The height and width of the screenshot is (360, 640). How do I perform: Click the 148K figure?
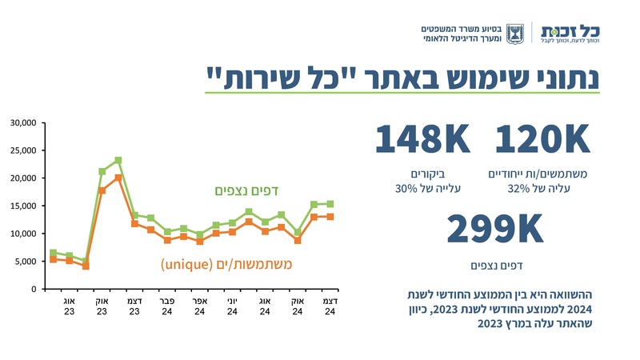pyautogui.click(x=422, y=140)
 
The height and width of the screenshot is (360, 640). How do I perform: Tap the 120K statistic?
pyautogui.click(x=542, y=140)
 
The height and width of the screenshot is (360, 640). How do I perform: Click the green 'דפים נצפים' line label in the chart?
pyautogui.click(x=247, y=190)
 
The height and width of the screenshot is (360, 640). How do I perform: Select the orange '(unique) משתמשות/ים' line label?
pyautogui.click(x=226, y=263)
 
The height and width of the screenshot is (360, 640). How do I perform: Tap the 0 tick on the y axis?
pyautogui.click(x=34, y=289)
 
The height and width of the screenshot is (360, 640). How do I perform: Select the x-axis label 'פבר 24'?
pyautogui.click(x=166, y=306)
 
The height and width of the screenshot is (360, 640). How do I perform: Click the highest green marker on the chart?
pyautogui.click(x=118, y=160)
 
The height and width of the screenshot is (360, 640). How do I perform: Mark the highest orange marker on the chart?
pyautogui.click(x=118, y=178)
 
